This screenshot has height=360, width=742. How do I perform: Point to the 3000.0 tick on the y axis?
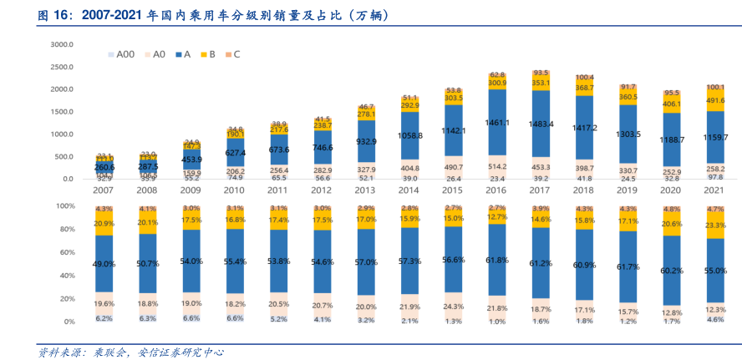(62, 43)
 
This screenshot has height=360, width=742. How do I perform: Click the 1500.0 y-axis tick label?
(62, 111)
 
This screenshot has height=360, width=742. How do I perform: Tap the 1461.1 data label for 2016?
(496, 123)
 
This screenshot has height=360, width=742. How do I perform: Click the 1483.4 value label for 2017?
(541, 124)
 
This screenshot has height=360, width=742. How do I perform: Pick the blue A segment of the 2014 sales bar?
(409, 134)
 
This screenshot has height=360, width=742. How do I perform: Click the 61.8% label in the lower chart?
(496, 261)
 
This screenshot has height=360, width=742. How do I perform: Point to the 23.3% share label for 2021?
(715, 225)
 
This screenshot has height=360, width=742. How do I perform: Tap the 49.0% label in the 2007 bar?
(104, 264)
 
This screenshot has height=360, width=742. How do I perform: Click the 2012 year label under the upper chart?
(323, 190)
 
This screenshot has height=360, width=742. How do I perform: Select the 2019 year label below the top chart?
(628, 190)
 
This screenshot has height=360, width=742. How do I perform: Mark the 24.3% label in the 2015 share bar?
(454, 306)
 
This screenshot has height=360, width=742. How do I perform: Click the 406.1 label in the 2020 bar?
(672, 104)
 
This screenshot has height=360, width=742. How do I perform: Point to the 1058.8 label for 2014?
(409, 135)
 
